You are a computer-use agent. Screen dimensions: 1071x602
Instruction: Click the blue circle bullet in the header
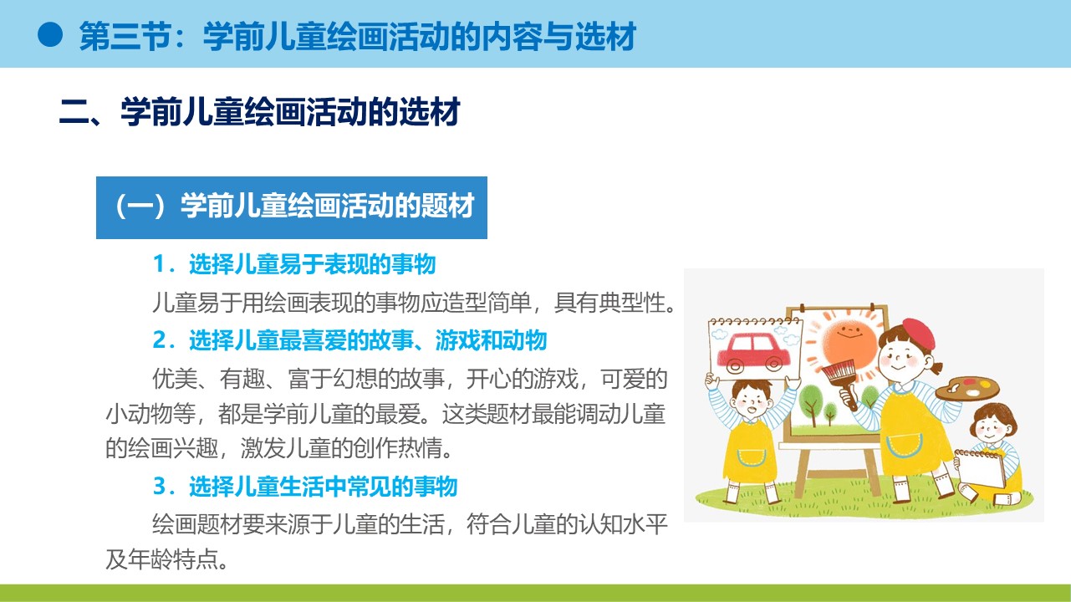(x=49, y=34)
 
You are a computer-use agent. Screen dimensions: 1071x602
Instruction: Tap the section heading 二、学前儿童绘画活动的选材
(x=260, y=112)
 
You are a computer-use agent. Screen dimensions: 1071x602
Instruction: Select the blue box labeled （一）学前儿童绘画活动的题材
(x=292, y=207)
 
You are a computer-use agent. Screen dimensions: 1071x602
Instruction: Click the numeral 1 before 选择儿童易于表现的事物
(x=159, y=264)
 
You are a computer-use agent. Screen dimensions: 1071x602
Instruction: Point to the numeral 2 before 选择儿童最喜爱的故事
(x=159, y=340)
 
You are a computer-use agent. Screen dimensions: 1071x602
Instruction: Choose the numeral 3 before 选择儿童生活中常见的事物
(x=159, y=487)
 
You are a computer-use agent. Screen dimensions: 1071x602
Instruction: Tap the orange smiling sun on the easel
(x=849, y=341)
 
